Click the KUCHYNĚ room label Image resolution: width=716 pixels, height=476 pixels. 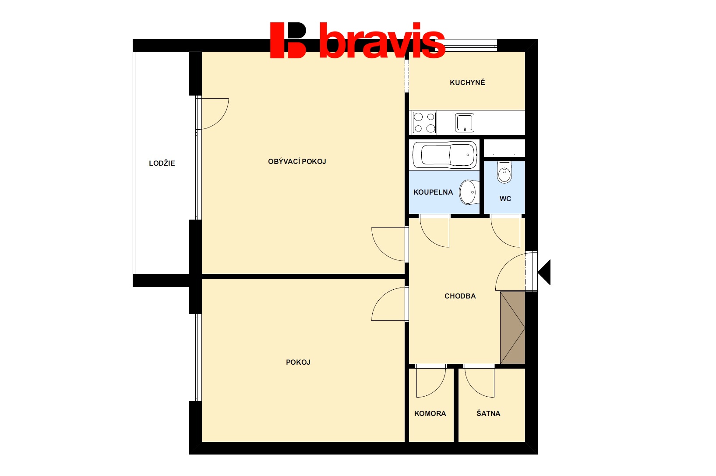click(x=467, y=82)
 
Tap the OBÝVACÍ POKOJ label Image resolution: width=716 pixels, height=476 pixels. click(x=297, y=161)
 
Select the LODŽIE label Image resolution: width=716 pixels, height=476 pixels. click(x=162, y=163)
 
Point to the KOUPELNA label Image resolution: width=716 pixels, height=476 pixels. click(x=433, y=192)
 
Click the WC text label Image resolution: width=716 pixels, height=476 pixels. click(x=505, y=199)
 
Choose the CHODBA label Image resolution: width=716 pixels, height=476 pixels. click(x=460, y=296)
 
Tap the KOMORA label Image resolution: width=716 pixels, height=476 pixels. click(x=430, y=414)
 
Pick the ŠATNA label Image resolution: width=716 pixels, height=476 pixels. click(x=488, y=413)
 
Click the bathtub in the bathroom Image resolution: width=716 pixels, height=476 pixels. click(x=445, y=155)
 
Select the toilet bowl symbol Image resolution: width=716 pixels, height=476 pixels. click(x=504, y=172)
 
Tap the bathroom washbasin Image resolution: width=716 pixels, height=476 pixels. click(x=469, y=192)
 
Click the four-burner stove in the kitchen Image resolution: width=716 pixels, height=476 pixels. click(x=424, y=122)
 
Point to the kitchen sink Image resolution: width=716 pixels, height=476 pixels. click(x=465, y=123)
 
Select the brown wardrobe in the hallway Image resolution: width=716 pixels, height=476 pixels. click(x=513, y=327)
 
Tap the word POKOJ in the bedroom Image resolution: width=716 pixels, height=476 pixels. click(x=298, y=362)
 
